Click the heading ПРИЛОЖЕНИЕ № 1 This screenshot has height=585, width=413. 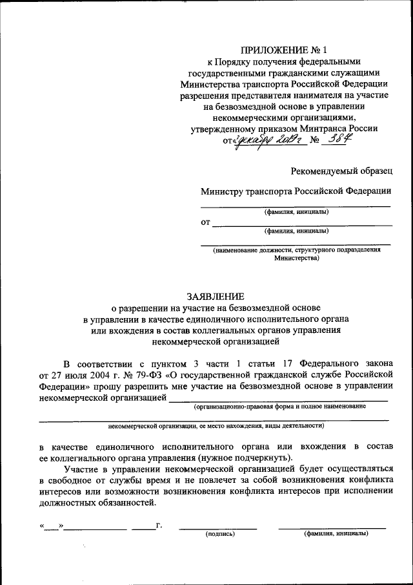[x=279, y=50]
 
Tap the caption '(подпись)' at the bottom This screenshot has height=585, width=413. [x=220, y=534]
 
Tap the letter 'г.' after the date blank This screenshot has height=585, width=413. [x=159, y=525]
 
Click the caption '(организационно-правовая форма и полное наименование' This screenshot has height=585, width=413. [x=280, y=407]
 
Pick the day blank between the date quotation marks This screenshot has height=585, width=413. [x=51, y=526]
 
